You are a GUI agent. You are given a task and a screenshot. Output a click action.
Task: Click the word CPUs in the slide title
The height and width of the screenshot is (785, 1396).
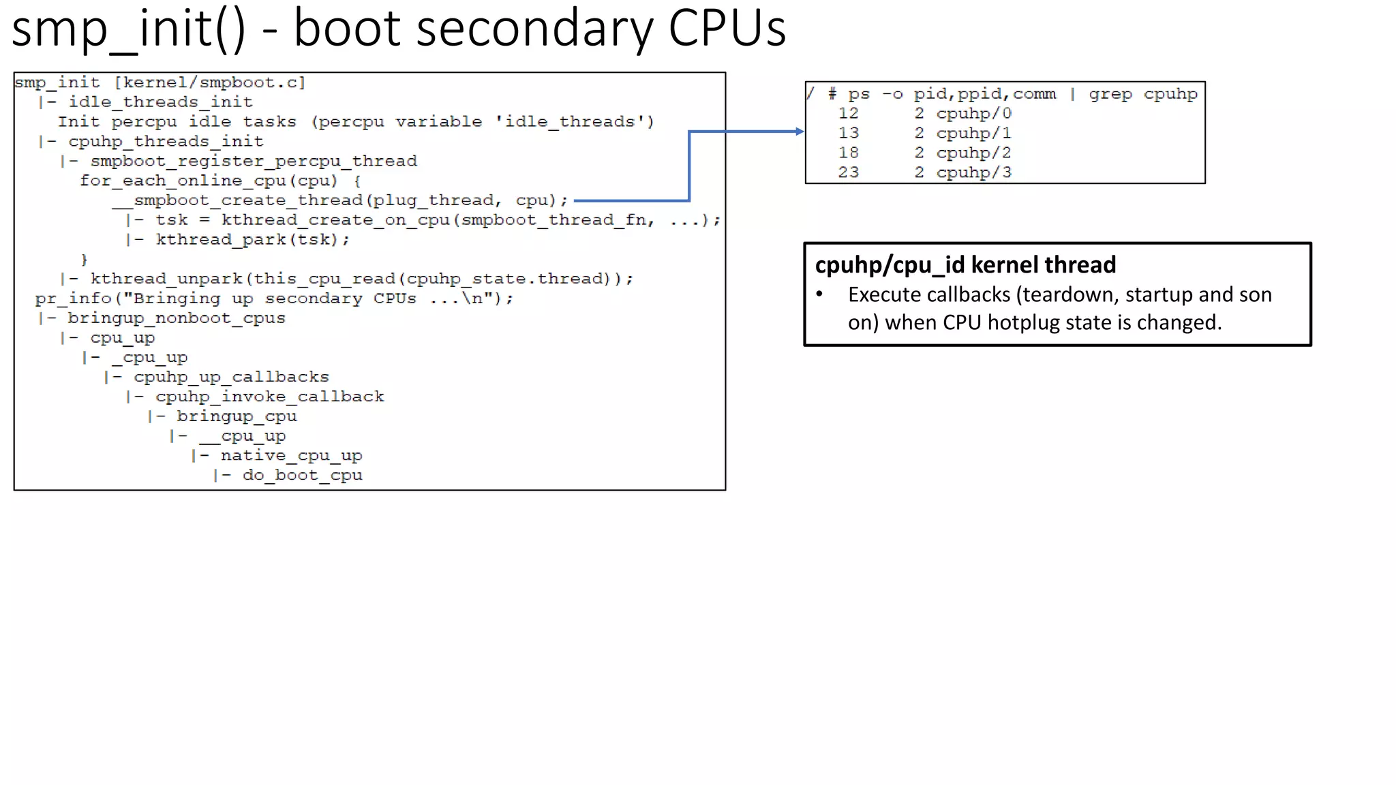tap(727, 29)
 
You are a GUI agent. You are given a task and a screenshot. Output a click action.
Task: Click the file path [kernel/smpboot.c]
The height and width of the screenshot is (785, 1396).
tap(209, 82)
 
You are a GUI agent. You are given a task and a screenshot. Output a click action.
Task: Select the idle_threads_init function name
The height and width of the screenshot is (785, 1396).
tap(160, 102)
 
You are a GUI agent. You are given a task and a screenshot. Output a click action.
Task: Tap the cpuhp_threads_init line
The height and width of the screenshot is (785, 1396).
tap(165, 142)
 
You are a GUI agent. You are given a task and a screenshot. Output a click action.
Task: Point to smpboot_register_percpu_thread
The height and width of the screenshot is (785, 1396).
tap(254, 161)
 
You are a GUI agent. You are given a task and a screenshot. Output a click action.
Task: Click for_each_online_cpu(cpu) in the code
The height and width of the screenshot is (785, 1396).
tap(209, 181)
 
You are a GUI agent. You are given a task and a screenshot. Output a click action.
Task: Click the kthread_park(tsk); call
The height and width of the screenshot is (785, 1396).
tap(252, 240)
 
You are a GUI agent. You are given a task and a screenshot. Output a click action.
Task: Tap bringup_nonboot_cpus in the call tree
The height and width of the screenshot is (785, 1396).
tap(176, 318)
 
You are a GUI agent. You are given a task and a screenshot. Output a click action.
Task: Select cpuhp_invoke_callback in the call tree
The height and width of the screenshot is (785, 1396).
tap(269, 397)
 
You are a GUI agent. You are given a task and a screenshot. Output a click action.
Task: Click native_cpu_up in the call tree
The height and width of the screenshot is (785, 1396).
tap(291, 456)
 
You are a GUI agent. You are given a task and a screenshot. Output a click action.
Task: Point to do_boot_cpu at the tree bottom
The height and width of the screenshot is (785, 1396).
tap(302, 476)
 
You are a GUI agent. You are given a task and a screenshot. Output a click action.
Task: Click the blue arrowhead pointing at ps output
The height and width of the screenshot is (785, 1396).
tap(800, 132)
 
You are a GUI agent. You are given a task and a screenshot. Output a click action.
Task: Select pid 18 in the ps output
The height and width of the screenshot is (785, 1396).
tap(848, 153)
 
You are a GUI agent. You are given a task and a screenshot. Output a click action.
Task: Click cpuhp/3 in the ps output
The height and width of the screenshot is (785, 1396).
tap(973, 172)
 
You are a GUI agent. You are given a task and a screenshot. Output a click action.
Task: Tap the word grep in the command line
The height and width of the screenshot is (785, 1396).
tap(1110, 94)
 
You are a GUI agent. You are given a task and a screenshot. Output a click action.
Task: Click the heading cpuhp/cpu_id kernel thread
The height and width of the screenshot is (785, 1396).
tap(965, 264)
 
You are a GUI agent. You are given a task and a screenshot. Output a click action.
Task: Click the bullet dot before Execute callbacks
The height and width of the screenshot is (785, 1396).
tap(820, 294)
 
